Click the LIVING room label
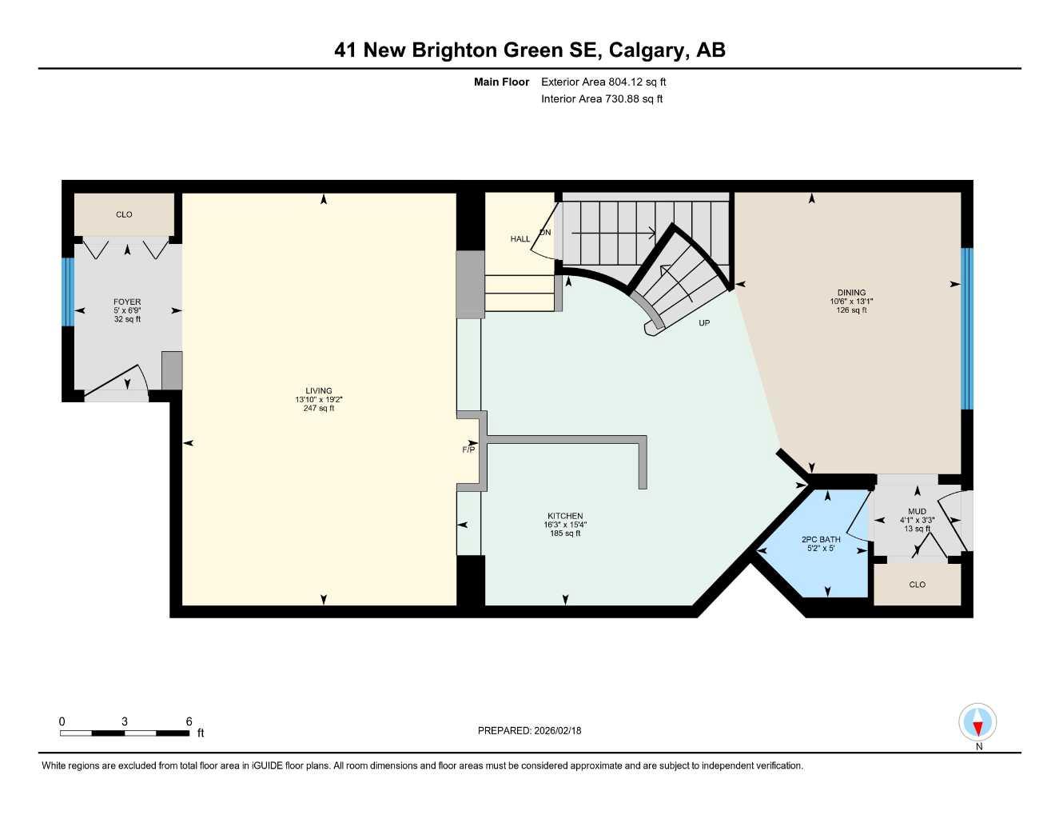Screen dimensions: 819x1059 pyautogui.click(x=318, y=391)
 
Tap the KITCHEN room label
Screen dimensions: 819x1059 pyautogui.click(x=565, y=516)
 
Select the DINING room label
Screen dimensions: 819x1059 pyautogui.click(x=851, y=293)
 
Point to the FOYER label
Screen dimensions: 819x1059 pyautogui.click(x=127, y=302)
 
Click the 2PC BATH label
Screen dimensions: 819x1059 pyautogui.click(x=821, y=540)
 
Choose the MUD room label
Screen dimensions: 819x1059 pyautogui.click(x=917, y=511)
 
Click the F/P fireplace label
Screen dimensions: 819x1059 pyautogui.click(x=468, y=449)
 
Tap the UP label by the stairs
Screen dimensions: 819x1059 pyautogui.click(x=704, y=323)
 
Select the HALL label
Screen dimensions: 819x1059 pyautogui.click(x=520, y=239)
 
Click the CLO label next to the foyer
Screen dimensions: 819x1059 pyautogui.click(x=124, y=214)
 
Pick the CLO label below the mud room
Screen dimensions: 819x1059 pyautogui.click(x=917, y=585)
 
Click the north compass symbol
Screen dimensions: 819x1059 pyautogui.click(x=977, y=724)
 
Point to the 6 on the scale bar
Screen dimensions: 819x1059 pyautogui.click(x=189, y=721)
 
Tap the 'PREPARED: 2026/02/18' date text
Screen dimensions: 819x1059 pyautogui.click(x=529, y=730)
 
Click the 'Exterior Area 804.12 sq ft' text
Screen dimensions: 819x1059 pyautogui.click(x=603, y=82)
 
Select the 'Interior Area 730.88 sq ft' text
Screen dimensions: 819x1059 pyautogui.click(x=602, y=99)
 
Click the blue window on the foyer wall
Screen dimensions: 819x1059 pyautogui.click(x=68, y=292)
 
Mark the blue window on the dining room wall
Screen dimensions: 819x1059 pyautogui.click(x=966, y=328)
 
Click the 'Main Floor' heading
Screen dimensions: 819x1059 pyautogui.click(x=501, y=82)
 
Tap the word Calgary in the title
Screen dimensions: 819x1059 pyautogui.click(x=647, y=50)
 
